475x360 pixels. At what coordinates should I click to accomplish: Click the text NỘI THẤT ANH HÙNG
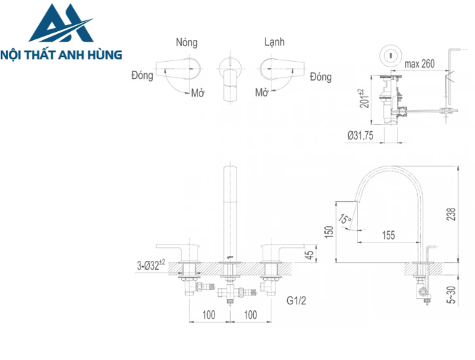click(62, 54)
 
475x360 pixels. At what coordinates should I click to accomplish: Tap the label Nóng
click(186, 42)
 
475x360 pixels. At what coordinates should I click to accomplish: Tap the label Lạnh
click(275, 42)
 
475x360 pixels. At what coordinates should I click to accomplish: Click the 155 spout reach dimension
click(387, 235)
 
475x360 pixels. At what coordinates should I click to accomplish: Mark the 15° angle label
click(346, 219)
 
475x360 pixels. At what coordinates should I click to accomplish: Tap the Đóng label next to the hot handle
click(141, 76)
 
